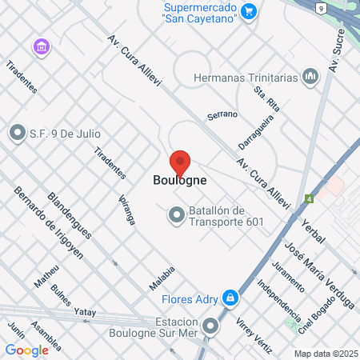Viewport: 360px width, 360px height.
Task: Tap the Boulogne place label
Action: [x=180, y=181]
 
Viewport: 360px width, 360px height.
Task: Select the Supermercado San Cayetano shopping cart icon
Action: [x=250, y=10]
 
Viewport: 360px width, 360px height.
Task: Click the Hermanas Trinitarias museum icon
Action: [x=310, y=77]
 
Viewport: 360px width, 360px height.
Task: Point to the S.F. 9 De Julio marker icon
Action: [x=17, y=133]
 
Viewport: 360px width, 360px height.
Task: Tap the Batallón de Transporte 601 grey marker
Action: [x=175, y=214]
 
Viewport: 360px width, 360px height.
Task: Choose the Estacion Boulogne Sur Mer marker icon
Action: [x=210, y=326]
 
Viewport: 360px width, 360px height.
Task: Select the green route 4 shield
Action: [x=308, y=198]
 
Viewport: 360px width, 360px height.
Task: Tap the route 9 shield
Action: [x=320, y=8]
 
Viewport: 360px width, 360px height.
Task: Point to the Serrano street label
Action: [x=222, y=114]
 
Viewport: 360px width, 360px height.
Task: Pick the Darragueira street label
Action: [x=254, y=130]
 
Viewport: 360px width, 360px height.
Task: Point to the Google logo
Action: [x=26, y=350]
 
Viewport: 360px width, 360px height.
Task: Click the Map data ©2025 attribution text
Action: [x=324, y=353]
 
